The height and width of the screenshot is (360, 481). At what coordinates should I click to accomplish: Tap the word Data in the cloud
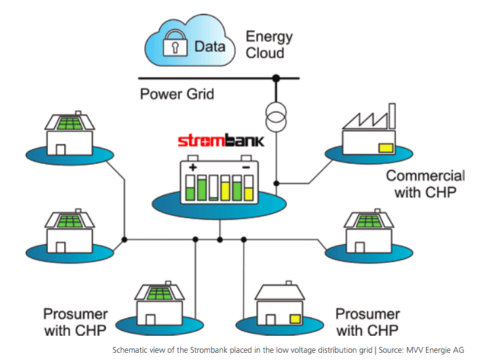[x=210, y=47]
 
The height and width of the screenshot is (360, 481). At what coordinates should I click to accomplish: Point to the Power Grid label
[x=177, y=94]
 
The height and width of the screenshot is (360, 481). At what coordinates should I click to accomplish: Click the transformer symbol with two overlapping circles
[x=276, y=116]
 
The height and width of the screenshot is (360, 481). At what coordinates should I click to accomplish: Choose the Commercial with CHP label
[x=425, y=184]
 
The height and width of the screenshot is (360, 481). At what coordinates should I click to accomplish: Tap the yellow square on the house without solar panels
[x=296, y=319]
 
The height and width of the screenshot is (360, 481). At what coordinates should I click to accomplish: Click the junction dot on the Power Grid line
[x=276, y=79]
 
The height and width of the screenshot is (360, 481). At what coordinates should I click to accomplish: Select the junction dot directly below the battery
[x=220, y=238]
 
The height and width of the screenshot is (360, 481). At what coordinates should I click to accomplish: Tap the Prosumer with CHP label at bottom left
[x=75, y=321]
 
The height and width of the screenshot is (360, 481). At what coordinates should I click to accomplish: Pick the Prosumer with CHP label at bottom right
[x=367, y=321]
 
